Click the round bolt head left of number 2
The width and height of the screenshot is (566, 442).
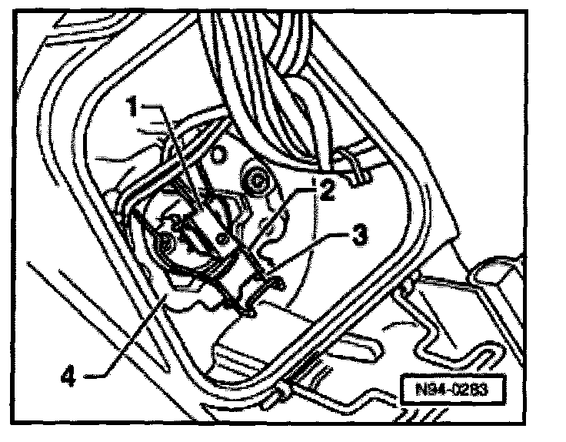[x=255, y=183]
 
